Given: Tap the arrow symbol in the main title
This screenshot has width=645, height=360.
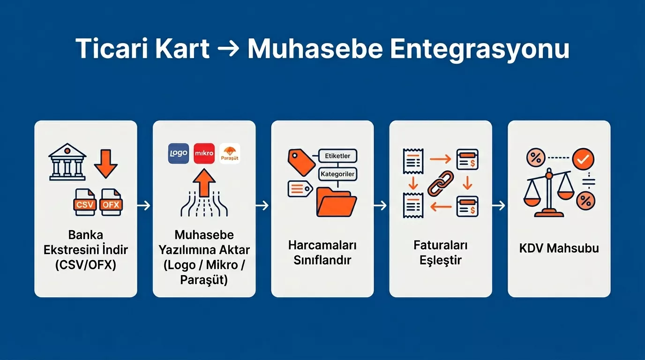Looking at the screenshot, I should click(x=228, y=49).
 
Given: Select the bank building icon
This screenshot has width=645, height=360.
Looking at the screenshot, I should click(x=67, y=163).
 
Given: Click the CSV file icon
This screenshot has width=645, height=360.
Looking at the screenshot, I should click(x=85, y=202).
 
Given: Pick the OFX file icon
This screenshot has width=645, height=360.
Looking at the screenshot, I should click(x=111, y=202).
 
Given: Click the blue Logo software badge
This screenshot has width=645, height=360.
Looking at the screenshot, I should click(x=178, y=153).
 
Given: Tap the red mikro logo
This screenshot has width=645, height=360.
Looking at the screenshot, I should click(x=204, y=153).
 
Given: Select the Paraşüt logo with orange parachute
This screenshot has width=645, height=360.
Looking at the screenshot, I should click(x=230, y=153).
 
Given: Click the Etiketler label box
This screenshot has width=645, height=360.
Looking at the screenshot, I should click(x=337, y=156).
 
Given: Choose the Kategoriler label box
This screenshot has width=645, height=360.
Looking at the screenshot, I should click(x=337, y=174).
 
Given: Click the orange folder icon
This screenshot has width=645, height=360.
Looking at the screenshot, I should click(x=336, y=202).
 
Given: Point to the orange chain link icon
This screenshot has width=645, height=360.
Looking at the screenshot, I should click(x=441, y=183).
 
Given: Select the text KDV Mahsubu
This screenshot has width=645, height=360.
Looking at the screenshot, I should click(x=559, y=248).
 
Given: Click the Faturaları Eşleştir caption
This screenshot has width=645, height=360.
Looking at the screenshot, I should click(x=441, y=253).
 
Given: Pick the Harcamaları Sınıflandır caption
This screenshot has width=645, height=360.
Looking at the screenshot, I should click(x=322, y=253).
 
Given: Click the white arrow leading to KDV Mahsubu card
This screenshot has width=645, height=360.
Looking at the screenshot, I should click(x=500, y=205).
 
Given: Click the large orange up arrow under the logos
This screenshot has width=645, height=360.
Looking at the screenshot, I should click(x=204, y=183).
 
